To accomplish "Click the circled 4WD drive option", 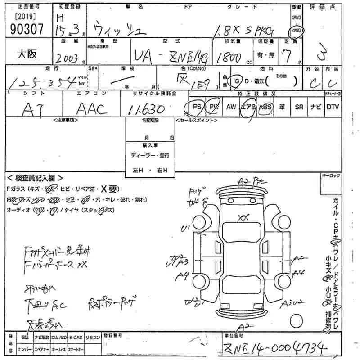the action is [x=297, y=31].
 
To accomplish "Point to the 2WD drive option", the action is [x=297, y=17].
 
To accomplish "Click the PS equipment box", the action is [x=197, y=107].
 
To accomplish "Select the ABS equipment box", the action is [x=266, y=107].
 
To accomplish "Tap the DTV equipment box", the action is [x=333, y=107].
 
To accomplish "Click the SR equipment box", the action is [x=299, y=107].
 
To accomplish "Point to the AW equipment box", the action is [x=231, y=107].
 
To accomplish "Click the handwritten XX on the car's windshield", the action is [x=243, y=218].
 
